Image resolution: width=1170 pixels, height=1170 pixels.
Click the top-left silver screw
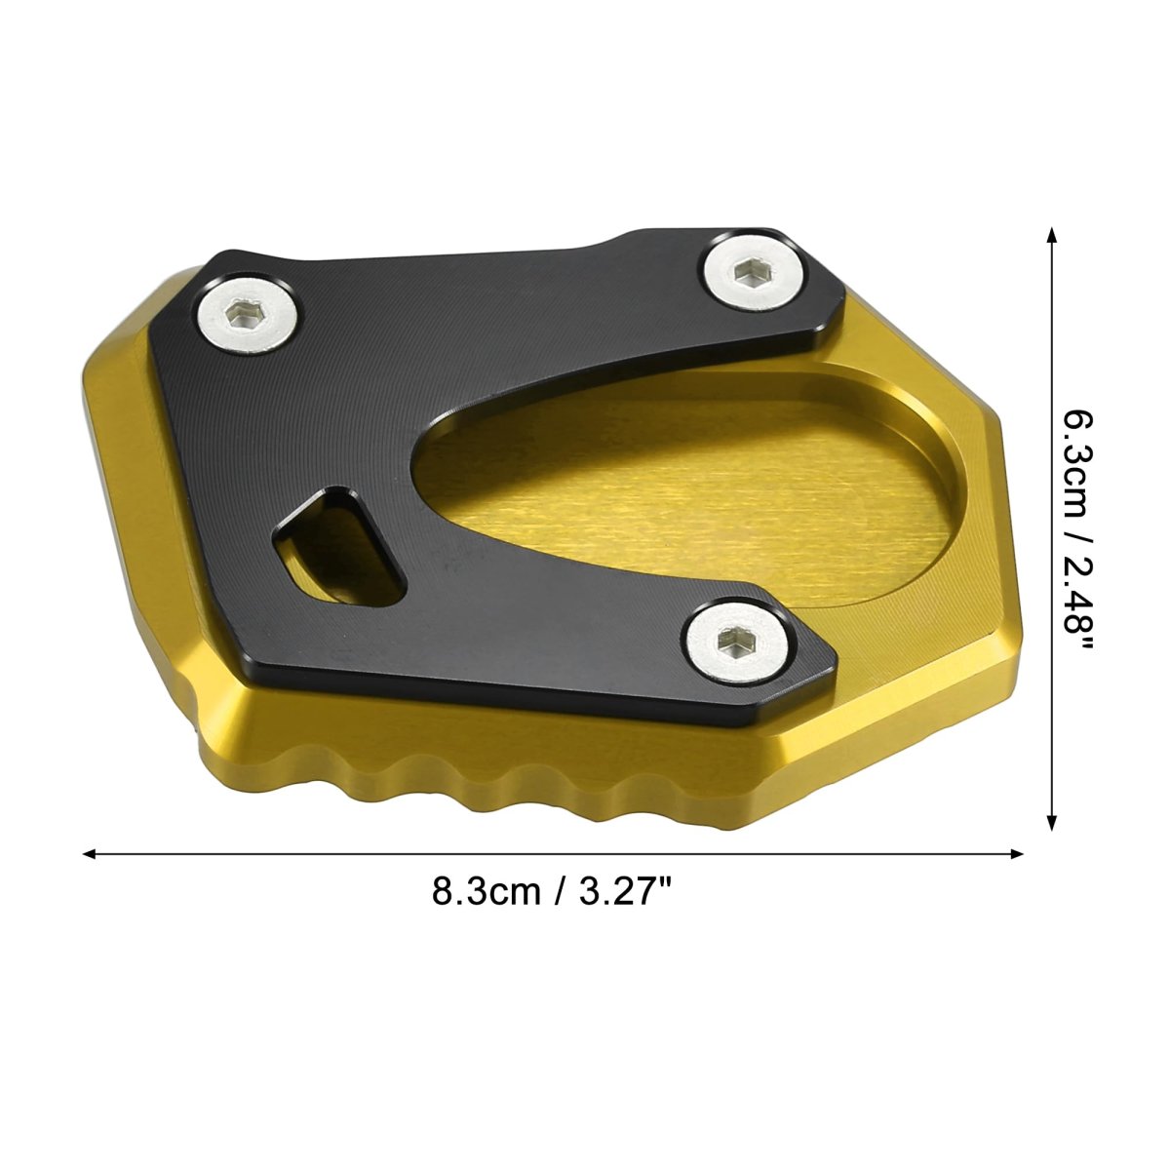click(248, 316)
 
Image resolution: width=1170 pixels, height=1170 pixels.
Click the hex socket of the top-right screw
click(746, 272)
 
